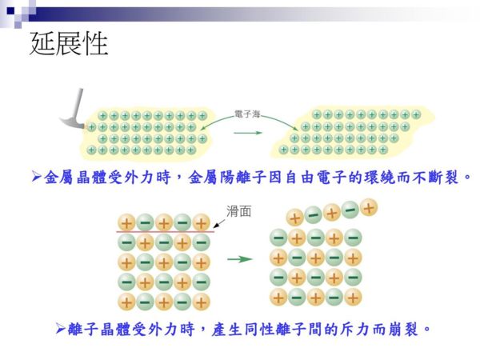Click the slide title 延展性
tap(69, 43)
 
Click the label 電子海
tap(247, 114)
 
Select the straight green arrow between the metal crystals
tap(248, 133)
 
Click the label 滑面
tap(238, 211)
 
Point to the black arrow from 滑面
tap(219, 223)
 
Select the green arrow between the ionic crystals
tap(240, 259)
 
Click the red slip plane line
tap(166, 232)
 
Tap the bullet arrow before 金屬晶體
tap(37, 177)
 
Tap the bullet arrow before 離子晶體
tap(61, 329)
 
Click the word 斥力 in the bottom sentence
tap(354, 330)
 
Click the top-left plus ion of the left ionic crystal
tap(126, 222)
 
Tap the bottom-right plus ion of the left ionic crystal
tap(201, 302)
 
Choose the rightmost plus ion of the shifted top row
tap(369, 207)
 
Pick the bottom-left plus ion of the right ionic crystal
tap(278, 298)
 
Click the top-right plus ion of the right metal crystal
tap(416, 115)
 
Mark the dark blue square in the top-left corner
tap(10, 11)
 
